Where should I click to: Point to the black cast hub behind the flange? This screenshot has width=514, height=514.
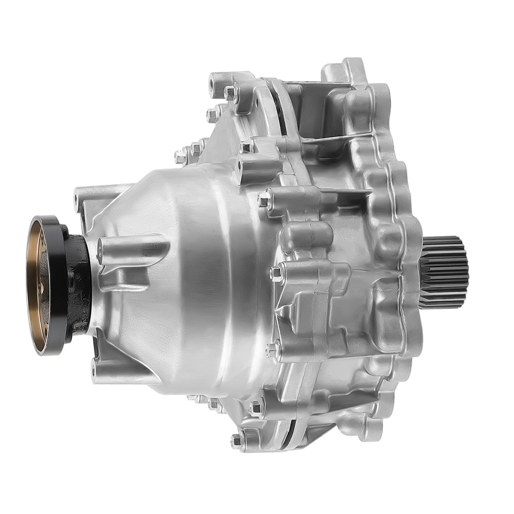pos(80,283)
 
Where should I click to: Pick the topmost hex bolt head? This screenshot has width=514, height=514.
pos(230,93)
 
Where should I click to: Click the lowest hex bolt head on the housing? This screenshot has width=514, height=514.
pos(237,440)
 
